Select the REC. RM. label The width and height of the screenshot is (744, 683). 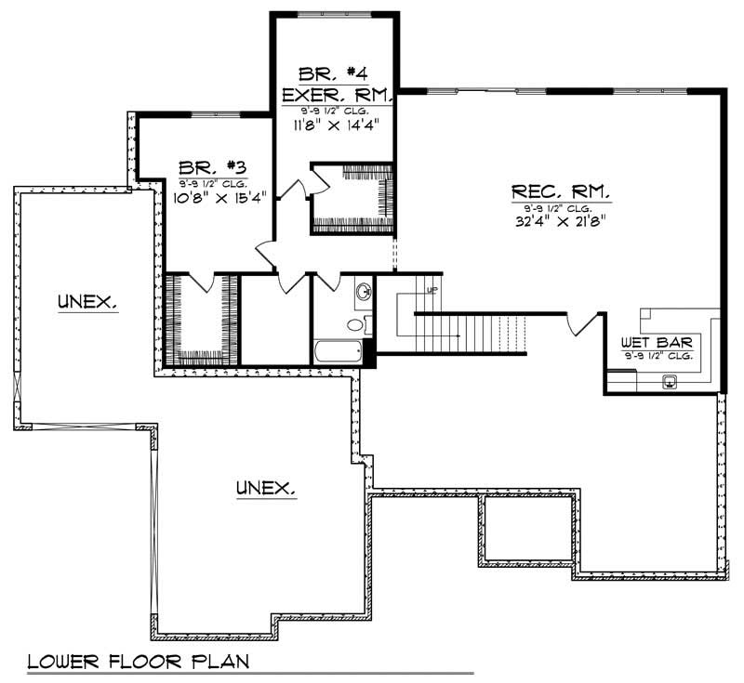[561, 192]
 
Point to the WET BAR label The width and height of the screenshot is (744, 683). [657, 343]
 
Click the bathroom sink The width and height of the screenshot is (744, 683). [363, 293]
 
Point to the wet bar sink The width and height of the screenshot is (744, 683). [670, 380]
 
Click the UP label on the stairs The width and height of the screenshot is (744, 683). [431, 290]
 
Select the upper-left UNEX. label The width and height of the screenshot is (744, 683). [86, 301]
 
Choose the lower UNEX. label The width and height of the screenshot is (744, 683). [265, 487]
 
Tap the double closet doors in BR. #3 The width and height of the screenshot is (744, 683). [203, 282]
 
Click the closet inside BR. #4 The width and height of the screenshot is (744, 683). [352, 197]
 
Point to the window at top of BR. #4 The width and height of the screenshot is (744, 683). [336, 14]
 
